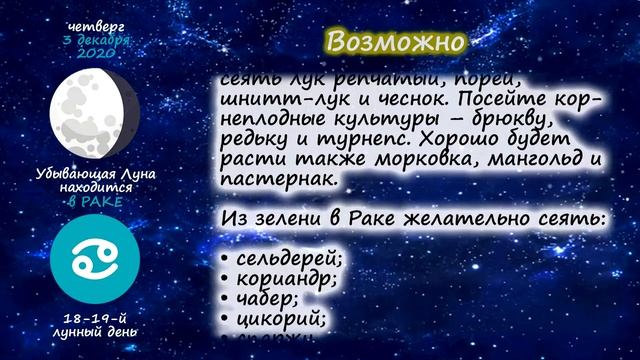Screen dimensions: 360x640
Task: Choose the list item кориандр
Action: tap(284, 277)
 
